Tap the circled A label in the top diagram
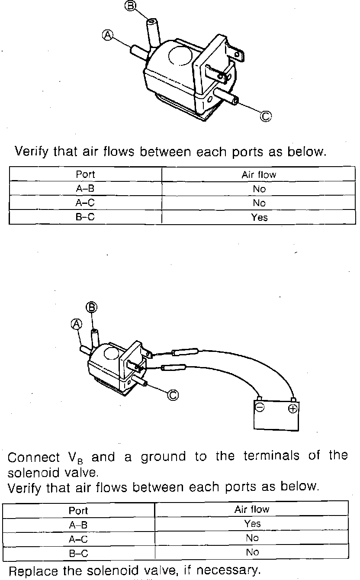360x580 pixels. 107,35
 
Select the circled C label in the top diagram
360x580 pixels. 267,116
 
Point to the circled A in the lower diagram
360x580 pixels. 77,324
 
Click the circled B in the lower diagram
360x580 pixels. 91,308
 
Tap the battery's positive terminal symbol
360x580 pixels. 293,409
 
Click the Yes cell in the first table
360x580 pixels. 259,217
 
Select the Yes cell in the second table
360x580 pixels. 252,524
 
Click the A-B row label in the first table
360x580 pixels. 85,189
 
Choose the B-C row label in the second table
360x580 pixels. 78,553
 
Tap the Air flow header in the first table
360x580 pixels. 259,175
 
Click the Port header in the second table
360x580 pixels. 78,510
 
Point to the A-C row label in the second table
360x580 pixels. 78,539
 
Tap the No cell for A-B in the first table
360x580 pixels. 259,189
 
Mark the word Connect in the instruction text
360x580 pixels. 34,457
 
